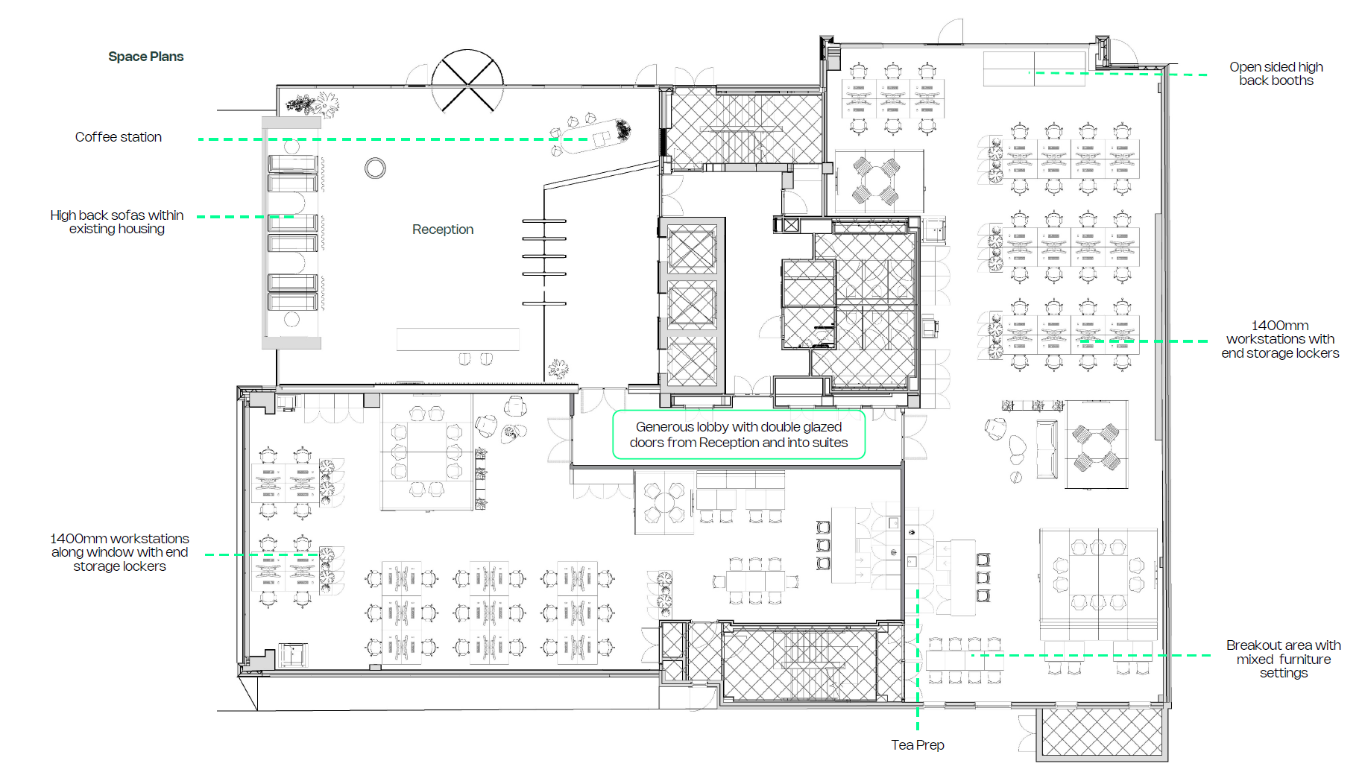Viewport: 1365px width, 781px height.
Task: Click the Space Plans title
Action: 145,57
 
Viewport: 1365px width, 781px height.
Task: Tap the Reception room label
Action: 443,230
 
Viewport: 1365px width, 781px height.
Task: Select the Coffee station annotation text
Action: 119,137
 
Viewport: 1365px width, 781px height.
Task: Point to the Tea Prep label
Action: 918,745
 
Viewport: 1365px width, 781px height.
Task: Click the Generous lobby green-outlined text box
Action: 739,434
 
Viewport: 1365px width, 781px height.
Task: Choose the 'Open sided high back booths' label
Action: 1276,74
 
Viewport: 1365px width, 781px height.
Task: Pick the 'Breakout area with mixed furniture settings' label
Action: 1283,659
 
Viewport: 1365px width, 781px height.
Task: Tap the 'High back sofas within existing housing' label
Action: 117,222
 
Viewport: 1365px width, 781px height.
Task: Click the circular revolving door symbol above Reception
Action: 467,81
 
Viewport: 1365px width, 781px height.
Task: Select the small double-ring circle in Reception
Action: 375,168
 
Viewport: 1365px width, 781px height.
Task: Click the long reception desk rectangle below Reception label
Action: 458,339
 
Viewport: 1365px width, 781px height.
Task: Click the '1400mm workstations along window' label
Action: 119,552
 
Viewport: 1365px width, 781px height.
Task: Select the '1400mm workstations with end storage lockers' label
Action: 1280,339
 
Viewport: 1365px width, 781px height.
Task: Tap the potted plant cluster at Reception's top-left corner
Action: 313,104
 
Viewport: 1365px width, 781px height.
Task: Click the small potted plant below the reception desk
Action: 558,369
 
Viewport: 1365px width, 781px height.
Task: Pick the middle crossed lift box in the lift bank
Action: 692,305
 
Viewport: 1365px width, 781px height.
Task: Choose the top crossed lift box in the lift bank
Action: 692,249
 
